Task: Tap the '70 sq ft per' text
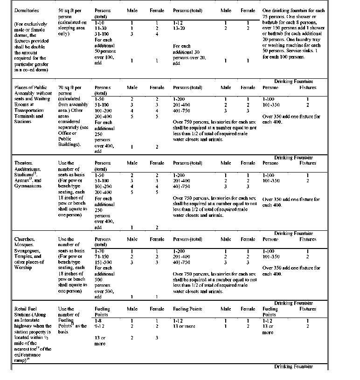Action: [70, 88]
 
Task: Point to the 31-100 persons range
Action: [102, 34]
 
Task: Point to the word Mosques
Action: [25, 245]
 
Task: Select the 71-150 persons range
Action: [101, 257]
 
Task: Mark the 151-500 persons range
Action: [103, 263]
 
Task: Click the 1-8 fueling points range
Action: [98, 321]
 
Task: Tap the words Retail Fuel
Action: [27, 309]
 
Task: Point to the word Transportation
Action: [30, 111]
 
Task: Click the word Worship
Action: [23, 268]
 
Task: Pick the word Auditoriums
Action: [28, 169]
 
